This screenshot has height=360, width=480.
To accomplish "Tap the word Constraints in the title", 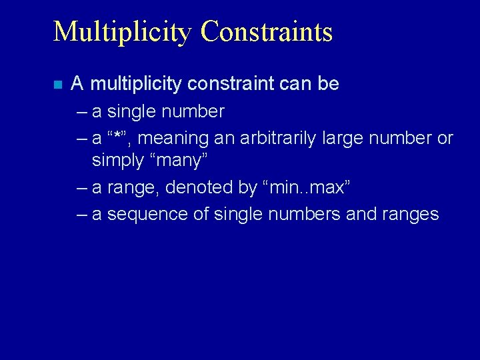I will [266, 31].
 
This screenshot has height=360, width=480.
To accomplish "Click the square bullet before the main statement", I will [57, 85].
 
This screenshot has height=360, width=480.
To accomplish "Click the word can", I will [293, 84].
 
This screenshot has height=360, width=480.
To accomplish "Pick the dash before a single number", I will [82, 111].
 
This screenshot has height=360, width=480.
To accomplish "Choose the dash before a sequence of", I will [82, 215].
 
